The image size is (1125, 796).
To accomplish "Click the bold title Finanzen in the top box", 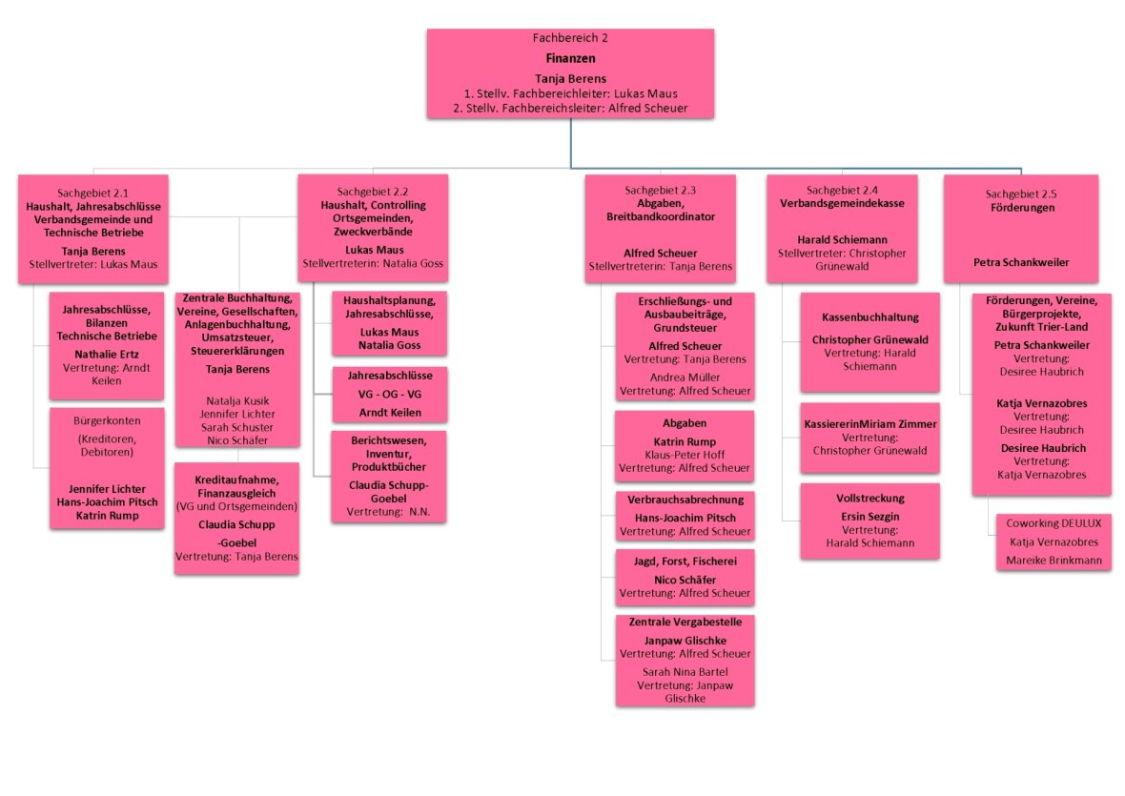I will tap(570, 57).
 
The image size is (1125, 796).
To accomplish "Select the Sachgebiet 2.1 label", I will tap(92, 192).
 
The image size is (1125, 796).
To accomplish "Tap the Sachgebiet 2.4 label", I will tap(842, 190).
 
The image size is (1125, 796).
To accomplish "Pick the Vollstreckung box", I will tap(869, 520).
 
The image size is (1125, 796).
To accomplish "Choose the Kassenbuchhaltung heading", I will tap(869, 316).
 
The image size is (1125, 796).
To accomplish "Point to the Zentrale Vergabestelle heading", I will tap(685, 622).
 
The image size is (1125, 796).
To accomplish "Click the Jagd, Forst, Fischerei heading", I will tap(685, 561).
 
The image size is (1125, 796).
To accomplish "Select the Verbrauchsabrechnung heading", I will tap(685, 500).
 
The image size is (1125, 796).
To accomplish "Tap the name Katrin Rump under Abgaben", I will tap(685, 442).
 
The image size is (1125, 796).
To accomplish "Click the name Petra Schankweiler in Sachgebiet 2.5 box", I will tap(1020, 261).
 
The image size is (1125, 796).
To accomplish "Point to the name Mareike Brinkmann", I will tap(1053, 561).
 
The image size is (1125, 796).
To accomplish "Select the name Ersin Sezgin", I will tap(869, 516).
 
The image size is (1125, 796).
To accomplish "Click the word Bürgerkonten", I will tap(106, 419).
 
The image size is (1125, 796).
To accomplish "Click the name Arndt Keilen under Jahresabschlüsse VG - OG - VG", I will tap(389, 413).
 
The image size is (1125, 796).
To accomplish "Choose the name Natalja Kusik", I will tap(236, 400).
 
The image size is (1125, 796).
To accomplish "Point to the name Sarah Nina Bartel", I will tap(685, 671).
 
